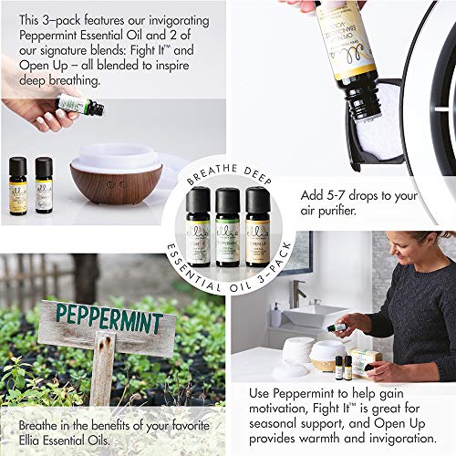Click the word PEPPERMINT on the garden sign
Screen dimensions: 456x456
(109, 320)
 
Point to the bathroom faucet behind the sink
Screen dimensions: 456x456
(297, 294)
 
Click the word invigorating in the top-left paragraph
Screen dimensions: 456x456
(170, 20)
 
